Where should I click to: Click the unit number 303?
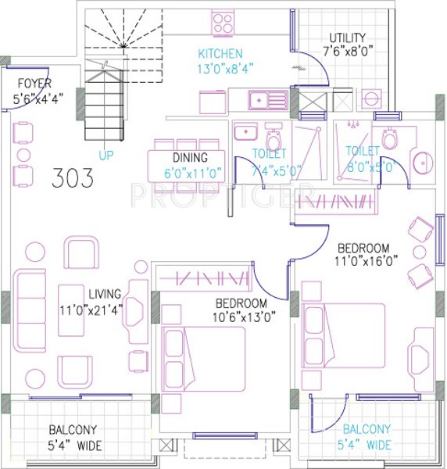click(x=72, y=178)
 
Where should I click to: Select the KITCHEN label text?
click(x=220, y=54)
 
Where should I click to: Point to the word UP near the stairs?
click(x=106, y=155)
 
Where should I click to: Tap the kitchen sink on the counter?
click(x=265, y=99)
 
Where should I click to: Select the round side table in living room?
click(x=37, y=252)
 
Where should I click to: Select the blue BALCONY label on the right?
click(x=367, y=429)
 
